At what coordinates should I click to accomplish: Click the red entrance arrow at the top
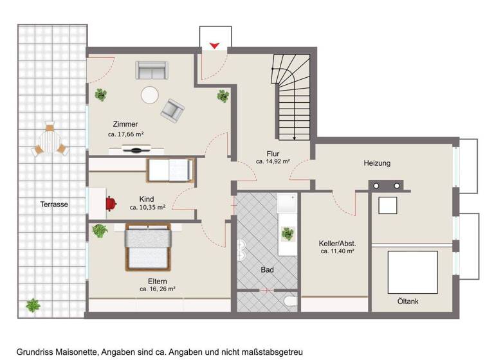click(215, 45)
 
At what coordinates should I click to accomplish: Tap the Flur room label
click(273, 154)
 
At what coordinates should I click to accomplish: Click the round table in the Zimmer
click(151, 95)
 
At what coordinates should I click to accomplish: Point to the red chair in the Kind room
click(111, 203)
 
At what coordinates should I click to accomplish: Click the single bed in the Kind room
click(170, 170)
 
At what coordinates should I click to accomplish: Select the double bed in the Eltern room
click(149, 248)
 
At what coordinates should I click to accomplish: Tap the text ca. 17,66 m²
click(125, 135)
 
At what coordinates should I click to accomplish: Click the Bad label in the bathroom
click(268, 270)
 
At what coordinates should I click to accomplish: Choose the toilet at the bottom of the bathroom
click(289, 302)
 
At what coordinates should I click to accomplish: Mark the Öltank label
click(408, 300)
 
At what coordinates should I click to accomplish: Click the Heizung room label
click(376, 163)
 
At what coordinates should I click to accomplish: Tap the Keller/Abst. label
click(337, 244)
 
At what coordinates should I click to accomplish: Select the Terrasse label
click(52, 204)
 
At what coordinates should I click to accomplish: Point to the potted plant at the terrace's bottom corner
click(32, 305)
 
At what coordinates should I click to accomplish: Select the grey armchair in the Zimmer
click(172, 110)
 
